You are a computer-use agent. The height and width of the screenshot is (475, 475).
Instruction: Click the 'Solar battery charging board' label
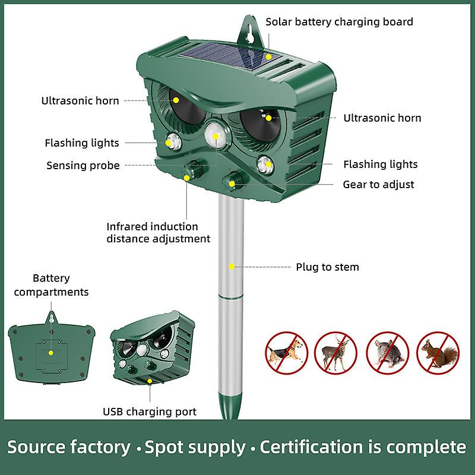coord(339,22)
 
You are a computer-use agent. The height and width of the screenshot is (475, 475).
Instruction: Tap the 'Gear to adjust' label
coord(378,185)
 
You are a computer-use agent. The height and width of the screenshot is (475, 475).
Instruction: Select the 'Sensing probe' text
coord(83,166)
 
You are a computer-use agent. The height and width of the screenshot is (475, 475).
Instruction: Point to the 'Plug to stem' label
coord(328,267)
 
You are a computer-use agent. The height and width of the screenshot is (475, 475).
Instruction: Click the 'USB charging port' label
coord(150,411)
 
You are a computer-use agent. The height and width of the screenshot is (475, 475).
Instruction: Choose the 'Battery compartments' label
coord(51,285)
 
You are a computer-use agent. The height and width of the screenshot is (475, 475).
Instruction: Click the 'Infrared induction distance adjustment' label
coord(159,233)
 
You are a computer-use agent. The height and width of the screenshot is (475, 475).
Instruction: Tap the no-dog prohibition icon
coord(286,353)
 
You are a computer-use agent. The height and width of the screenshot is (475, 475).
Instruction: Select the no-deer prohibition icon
coord(335,353)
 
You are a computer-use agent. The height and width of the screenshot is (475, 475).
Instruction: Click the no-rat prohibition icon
coord(388,353)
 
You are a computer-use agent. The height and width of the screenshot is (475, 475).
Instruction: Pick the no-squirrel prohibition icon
coord(438,353)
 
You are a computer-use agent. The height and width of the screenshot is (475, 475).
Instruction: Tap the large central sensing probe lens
coord(216,135)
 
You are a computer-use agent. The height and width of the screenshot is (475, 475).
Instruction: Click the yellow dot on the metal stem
coord(232,267)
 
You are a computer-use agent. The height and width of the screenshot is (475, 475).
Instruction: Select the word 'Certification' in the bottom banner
coord(311,447)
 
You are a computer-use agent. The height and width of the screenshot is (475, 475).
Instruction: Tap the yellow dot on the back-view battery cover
coord(51,353)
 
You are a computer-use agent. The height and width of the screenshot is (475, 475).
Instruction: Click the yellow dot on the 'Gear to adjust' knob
coord(232,184)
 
